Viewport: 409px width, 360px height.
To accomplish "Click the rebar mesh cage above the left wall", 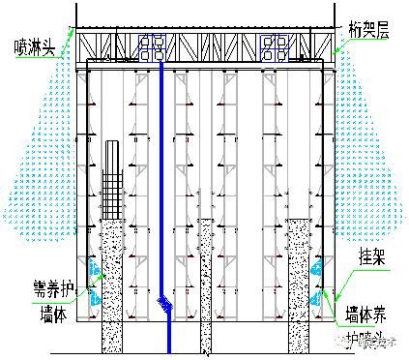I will [114, 179].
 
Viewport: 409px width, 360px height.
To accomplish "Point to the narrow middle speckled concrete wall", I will [206, 285].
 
